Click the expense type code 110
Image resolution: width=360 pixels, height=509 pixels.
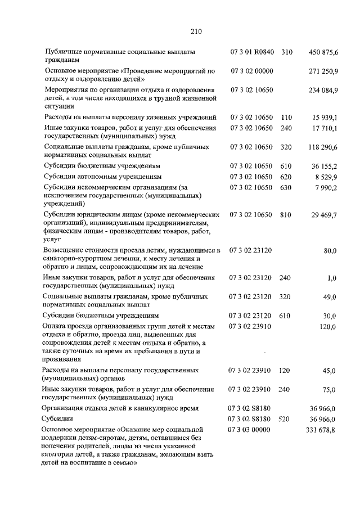click(286, 118)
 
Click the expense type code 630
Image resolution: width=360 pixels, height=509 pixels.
click(286, 187)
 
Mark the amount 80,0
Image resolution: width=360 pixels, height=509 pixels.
click(330, 250)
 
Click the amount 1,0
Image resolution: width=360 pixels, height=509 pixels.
click(332, 278)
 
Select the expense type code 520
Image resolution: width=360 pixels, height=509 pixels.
click(286, 419)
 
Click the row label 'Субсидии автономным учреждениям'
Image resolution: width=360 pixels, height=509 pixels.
click(101, 177)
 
